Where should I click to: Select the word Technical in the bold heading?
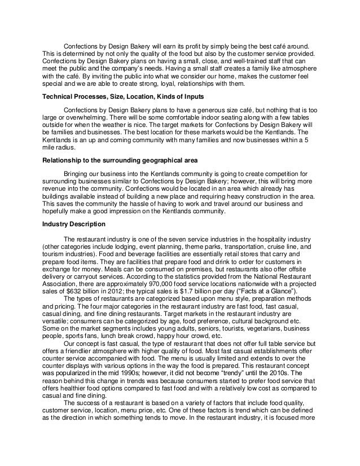coord(60,96)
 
